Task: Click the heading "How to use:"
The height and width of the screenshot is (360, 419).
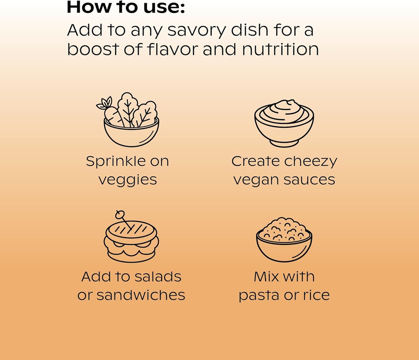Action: coord(126,7)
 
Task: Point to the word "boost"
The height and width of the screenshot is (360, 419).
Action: coord(92,50)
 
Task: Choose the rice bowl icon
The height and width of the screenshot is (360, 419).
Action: coord(284,240)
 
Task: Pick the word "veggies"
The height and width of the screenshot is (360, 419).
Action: coord(127,180)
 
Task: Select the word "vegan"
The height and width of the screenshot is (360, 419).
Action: coord(253,180)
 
